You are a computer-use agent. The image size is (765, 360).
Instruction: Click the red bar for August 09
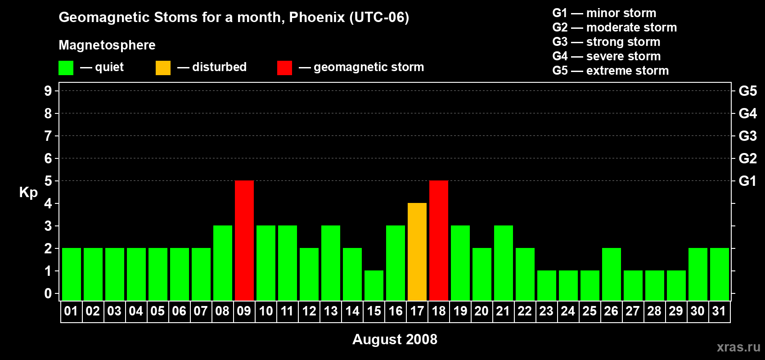coord(244,240)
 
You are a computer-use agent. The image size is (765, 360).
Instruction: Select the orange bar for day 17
coord(417,252)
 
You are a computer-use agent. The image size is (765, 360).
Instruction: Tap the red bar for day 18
coord(439,240)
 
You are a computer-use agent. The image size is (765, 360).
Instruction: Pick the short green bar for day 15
coord(374,285)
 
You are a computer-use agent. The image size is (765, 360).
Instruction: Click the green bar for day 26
coord(612,274)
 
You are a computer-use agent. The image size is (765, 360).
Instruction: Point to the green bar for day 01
coord(72,274)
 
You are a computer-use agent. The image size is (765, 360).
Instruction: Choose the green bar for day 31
coord(720,274)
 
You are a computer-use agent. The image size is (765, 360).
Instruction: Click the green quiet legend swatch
coord(66,68)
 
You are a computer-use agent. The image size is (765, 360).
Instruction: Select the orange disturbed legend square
coord(163,68)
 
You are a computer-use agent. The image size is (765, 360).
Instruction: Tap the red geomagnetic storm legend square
coord(284,68)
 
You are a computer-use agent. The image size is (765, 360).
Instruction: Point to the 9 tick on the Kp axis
coord(48,91)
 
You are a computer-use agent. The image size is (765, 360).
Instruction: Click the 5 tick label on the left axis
coord(48,181)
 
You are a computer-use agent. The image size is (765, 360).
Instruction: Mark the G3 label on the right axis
coord(747,136)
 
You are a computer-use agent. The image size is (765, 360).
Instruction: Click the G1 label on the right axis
coord(747,181)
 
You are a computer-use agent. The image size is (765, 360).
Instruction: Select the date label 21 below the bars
coord(503,311)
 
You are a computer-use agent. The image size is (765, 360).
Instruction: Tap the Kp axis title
coord(28,192)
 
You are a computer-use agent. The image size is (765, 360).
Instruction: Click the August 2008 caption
coord(395,339)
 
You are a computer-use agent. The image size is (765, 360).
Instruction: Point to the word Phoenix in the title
coord(317,17)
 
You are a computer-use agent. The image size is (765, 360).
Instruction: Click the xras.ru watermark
coord(738,347)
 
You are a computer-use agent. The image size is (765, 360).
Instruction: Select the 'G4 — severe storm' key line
coord(606,56)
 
